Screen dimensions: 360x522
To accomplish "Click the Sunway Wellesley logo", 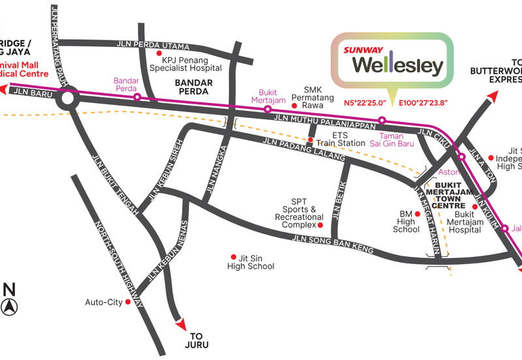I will click(392, 59).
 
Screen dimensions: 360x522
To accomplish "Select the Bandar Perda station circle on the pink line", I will click(137, 97).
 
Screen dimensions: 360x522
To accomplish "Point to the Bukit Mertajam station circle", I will click(267, 109).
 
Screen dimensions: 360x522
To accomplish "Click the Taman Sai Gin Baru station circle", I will click(382, 120).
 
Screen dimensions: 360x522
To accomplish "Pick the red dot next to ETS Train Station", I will click(311, 140).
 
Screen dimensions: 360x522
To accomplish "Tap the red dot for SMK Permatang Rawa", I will click(294, 104).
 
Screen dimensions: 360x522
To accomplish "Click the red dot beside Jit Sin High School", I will click(234, 256).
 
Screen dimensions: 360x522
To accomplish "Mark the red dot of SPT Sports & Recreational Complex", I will click(320, 225).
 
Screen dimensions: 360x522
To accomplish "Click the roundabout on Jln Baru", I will click(67, 100).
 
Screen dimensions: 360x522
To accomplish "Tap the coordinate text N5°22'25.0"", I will click(365, 103).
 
